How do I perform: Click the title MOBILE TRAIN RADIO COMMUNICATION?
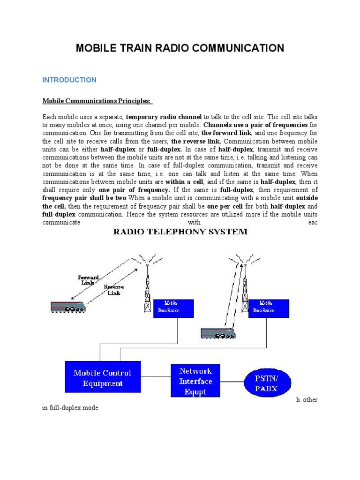tap(180, 48)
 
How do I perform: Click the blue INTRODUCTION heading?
tap(69, 80)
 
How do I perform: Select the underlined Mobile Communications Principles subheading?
tap(97, 101)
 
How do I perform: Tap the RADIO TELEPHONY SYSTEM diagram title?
tap(180, 232)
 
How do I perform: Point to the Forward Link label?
tap(88, 280)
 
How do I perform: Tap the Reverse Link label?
tap(114, 290)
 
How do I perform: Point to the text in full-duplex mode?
tap(71, 408)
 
